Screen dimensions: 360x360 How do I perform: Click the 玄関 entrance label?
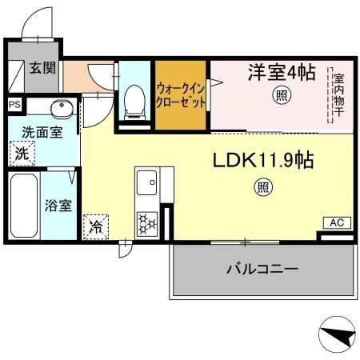point(43,68)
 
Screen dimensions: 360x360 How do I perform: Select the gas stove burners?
point(147,222)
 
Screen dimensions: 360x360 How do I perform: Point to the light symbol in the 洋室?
point(282,96)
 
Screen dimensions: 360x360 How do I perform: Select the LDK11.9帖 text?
point(262,160)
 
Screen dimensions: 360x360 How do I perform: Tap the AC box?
point(335,222)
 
